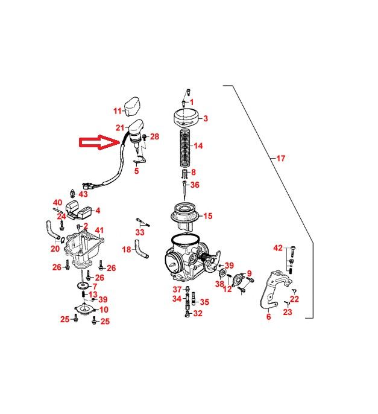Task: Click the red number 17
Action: [280, 159]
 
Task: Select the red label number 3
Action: [205, 119]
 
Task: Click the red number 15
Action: [208, 215]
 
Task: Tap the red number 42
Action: [278, 247]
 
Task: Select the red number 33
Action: [140, 232]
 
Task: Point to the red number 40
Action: [58, 202]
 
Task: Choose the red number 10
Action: [104, 310]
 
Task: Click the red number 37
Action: [177, 289]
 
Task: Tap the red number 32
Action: [198, 314]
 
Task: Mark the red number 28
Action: [155, 137]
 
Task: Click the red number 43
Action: [83, 194]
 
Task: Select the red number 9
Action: [249, 273]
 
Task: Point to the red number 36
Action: [195, 185]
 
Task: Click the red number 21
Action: [120, 127]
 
